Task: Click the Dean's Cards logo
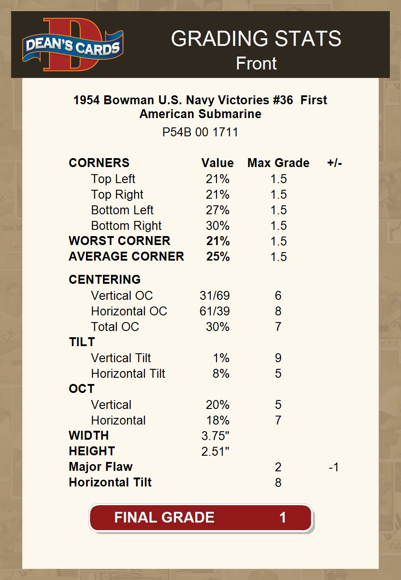point(73,45)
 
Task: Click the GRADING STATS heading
point(256,39)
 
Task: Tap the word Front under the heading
point(256,63)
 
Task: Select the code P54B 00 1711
point(200,132)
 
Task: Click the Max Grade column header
point(278,163)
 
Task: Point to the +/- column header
point(334,163)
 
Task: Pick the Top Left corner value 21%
point(217,179)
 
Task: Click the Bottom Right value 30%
point(217,226)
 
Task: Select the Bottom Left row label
point(122,210)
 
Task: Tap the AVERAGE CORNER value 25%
point(218,257)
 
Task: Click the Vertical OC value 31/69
point(215,296)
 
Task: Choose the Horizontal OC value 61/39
point(215,311)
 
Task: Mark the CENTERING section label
point(105,280)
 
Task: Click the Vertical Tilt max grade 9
point(278,358)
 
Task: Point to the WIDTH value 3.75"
point(215,436)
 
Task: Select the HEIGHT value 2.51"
point(215,452)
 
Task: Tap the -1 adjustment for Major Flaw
point(334,467)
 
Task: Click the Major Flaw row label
point(101,467)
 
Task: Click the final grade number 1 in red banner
point(282,518)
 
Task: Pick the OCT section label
point(82,389)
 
